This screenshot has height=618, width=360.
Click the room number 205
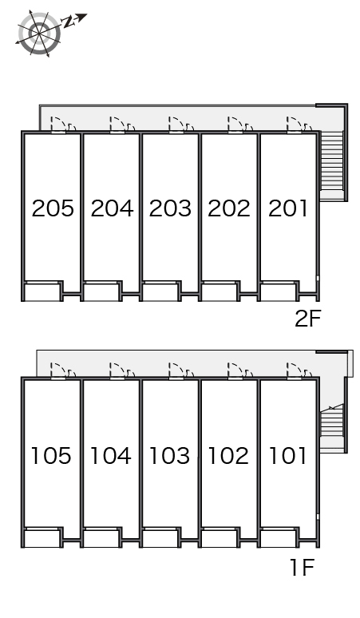pyautogui.click(x=53, y=208)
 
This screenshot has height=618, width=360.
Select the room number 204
pyautogui.click(x=112, y=208)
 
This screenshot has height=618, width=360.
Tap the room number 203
pyautogui.click(x=170, y=208)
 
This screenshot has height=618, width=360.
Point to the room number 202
pyautogui.click(x=229, y=208)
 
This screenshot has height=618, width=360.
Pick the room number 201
pyautogui.click(x=287, y=208)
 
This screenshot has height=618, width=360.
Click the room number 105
pyautogui.click(x=51, y=456)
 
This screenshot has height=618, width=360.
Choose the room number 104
pyautogui.click(x=111, y=456)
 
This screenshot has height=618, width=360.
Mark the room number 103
pyautogui.click(x=170, y=456)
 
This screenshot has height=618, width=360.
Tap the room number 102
pyautogui.click(x=228, y=456)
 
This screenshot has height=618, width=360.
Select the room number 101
pyautogui.click(x=287, y=456)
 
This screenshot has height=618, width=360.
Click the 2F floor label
pyautogui.click(x=308, y=319)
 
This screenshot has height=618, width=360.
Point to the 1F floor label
pyautogui.click(x=302, y=568)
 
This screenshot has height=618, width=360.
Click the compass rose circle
pyautogui.click(x=39, y=33)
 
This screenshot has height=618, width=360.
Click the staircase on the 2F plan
pyautogui.click(x=331, y=165)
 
